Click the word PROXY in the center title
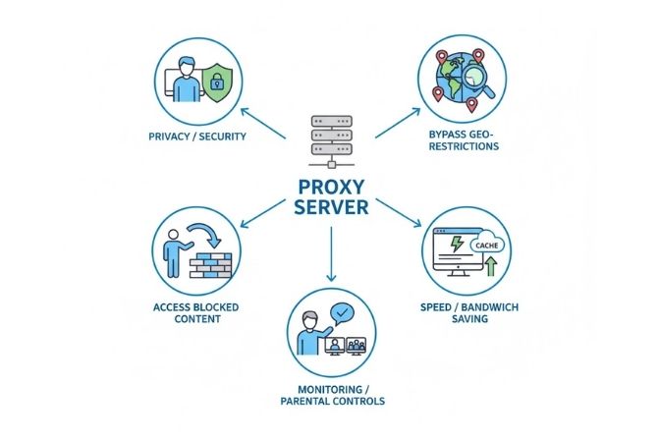[x=330, y=185]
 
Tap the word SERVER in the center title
[x=330, y=208]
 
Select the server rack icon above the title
[x=331, y=139]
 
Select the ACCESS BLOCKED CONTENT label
[x=195, y=312]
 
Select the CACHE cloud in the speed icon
[x=484, y=246]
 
